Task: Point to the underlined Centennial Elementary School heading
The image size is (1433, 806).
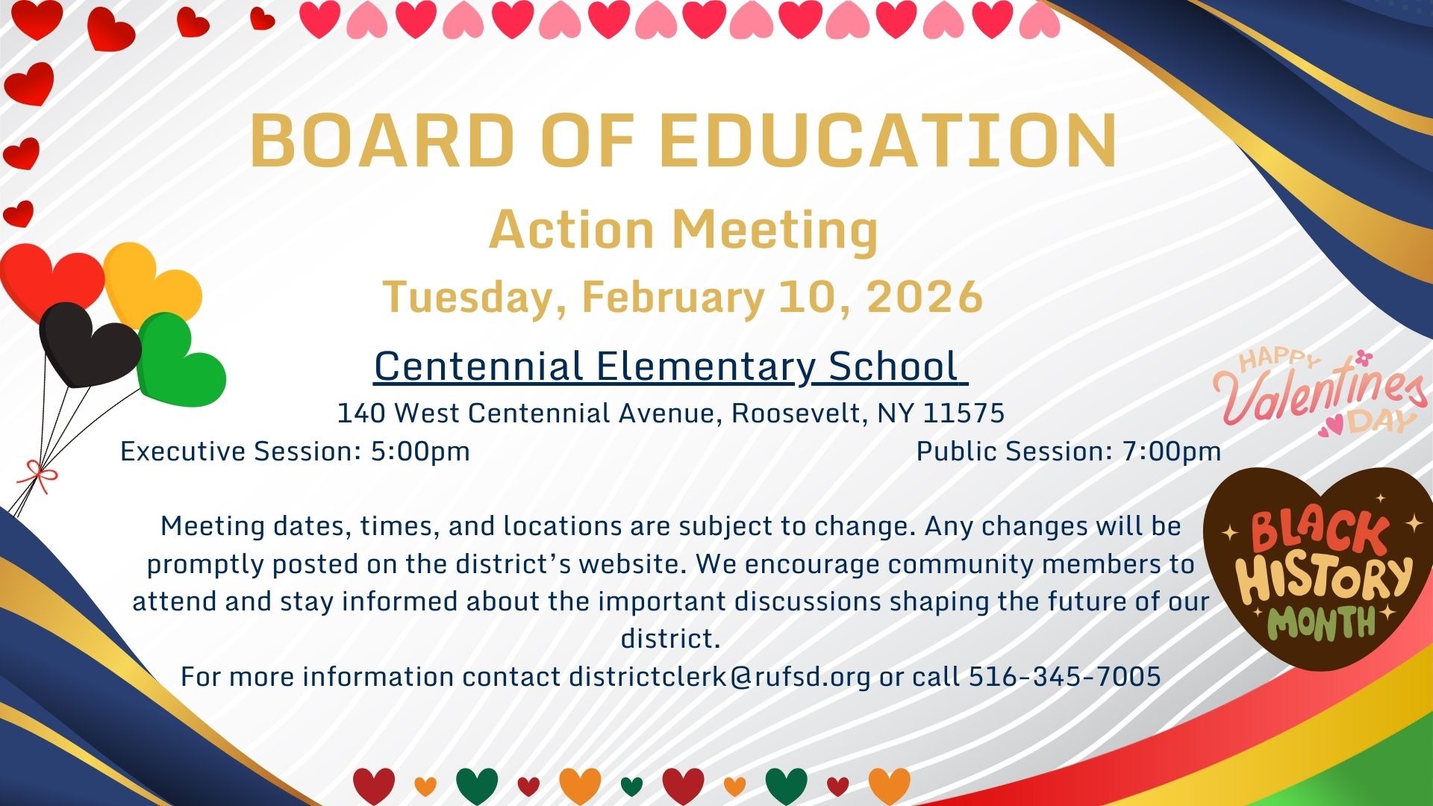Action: click(x=670, y=366)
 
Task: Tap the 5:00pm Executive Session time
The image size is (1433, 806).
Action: click(x=420, y=452)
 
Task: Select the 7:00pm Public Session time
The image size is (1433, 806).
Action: click(x=1172, y=452)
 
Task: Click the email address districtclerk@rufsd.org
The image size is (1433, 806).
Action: click(x=719, y=677)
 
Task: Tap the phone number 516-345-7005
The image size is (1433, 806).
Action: click(x=1065, y=676)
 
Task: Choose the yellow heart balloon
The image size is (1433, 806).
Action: click(x=152, y=284)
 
